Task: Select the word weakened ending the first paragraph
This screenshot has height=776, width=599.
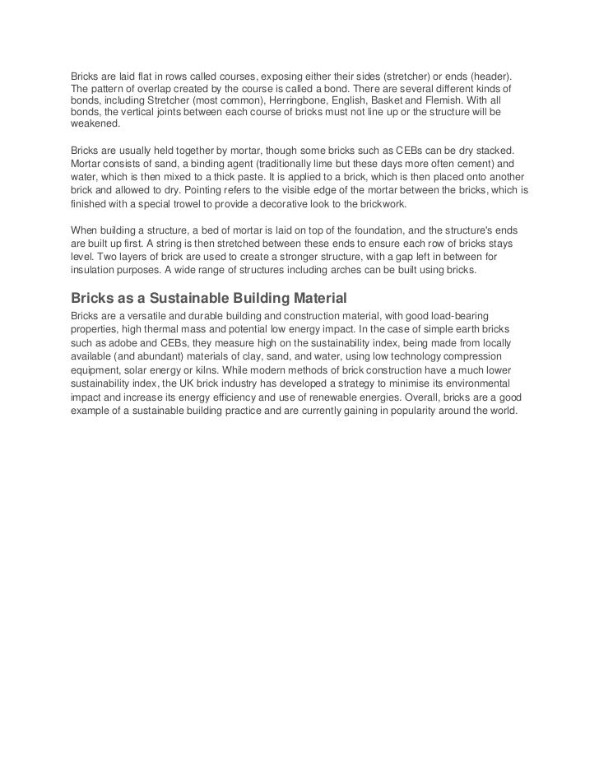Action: [95, 123]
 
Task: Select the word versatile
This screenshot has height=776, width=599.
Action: [149, 316]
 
